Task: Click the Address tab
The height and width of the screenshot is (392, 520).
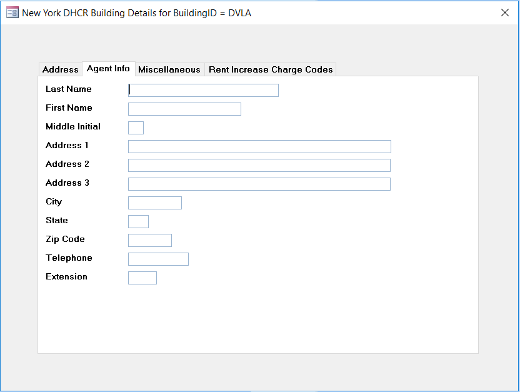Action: [61, 69]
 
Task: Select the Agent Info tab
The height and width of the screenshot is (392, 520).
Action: [108, 69]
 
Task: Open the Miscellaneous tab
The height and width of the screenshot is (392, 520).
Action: [169, 69]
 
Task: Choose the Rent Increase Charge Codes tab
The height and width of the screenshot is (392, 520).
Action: [271, 69]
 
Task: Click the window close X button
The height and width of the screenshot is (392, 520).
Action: [505, 13]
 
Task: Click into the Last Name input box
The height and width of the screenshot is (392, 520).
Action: [203, 90]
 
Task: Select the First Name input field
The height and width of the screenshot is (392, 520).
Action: [184, 109]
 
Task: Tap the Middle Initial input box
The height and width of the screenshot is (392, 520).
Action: [136, 128]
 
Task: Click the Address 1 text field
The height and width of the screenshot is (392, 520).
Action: [259, 146]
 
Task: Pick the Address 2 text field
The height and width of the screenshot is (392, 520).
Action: [259, 165]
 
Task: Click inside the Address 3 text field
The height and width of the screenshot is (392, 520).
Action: [259, 184]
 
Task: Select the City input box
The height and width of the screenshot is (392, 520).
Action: [155, 203]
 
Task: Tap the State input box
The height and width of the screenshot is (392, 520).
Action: [138, 221]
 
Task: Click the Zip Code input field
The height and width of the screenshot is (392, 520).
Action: [150, 240]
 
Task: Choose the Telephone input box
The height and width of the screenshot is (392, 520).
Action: [158, 259]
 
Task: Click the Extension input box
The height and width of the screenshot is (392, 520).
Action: [142, 278]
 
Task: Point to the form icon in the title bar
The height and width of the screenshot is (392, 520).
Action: [12, 13]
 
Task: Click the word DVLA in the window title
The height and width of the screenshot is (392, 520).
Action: [240, 13]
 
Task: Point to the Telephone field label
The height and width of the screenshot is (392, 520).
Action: [69, 258]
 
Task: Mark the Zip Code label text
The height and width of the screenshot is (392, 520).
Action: [66, 239]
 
